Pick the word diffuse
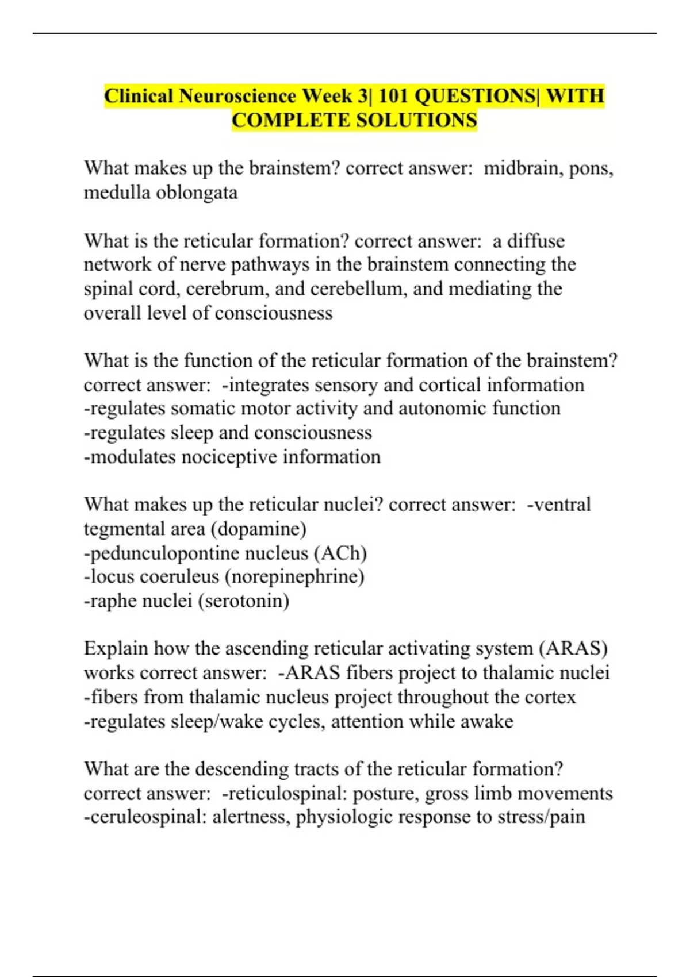tap(536, 241)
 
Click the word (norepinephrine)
tap(294, 576)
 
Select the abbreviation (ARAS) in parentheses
tap(573, 649)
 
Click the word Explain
tap(116, 649)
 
